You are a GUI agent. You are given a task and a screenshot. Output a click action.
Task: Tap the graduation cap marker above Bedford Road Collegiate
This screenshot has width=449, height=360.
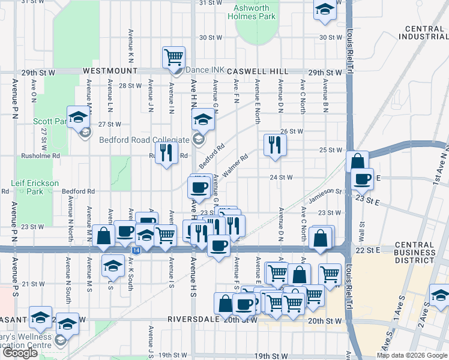tap(203, 121)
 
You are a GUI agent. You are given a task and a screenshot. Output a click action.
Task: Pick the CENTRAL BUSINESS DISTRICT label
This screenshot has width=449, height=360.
tap(415, 253)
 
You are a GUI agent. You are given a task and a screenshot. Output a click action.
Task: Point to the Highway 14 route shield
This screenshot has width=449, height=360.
tap(137, 250)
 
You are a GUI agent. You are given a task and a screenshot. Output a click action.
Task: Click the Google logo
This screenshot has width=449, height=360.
tap(20, 353)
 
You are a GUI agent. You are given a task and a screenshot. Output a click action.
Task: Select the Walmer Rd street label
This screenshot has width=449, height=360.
tap(235, 165)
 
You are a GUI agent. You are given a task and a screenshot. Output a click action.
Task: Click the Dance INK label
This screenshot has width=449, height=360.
tap(204, 70)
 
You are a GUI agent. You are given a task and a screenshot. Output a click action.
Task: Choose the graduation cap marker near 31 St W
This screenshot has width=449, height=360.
tap(325, 10)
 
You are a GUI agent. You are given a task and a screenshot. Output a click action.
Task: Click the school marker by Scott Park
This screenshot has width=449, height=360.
tap(78, 118)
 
